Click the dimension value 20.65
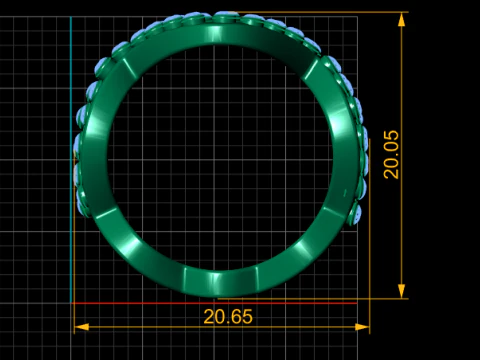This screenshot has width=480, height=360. [228, 317]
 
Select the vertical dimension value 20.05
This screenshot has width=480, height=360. [391, 155]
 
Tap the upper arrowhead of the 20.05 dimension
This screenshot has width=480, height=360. [402, 20]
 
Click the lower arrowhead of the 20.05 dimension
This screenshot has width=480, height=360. [402, 291]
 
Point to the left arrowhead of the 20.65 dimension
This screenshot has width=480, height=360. [81, 327]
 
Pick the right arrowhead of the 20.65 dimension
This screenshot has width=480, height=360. [362, 327]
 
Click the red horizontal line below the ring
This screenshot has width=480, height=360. [214, 303]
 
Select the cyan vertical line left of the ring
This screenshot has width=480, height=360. [71, 160]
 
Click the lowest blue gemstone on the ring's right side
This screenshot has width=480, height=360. [356, 214]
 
